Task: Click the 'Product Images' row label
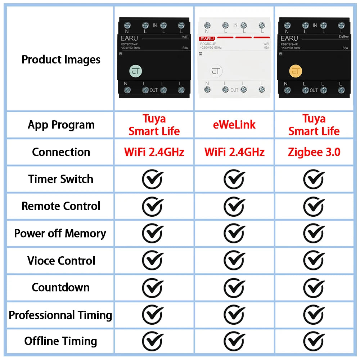(61, 59)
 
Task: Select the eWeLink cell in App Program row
(234, 125)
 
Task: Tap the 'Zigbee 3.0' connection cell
(314, 152)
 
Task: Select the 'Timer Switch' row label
(61, 179)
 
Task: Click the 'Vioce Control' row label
(61, 260)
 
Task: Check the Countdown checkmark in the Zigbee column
(314, 288)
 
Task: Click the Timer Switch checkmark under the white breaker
(234, 179)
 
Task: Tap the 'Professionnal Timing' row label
(60, 315)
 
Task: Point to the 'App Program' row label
(61, 125)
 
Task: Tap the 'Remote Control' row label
(61, 206)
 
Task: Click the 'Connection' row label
(61, 152)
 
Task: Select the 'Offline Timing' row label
(61, 341)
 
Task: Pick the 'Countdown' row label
(61, 287)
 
